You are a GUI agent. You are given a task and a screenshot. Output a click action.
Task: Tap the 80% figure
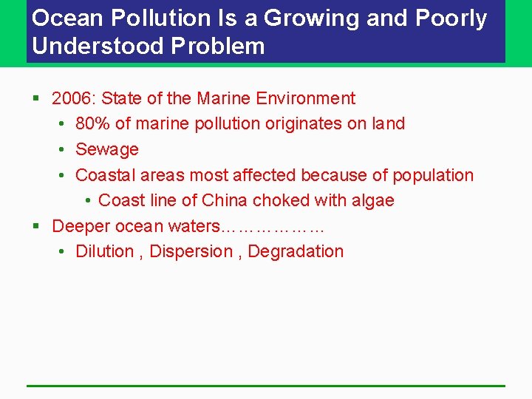click(x=92, y=123)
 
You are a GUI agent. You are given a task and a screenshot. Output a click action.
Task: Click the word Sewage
click(x=107, y=149)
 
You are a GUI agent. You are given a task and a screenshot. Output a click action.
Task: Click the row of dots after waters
click(x=273, y=228)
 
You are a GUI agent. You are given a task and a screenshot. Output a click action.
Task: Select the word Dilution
click(x=105, y=251)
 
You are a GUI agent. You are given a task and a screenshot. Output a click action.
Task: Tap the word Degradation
click(x=296, y=251)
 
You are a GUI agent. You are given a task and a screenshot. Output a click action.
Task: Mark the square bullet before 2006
click(x=35, y=98)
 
